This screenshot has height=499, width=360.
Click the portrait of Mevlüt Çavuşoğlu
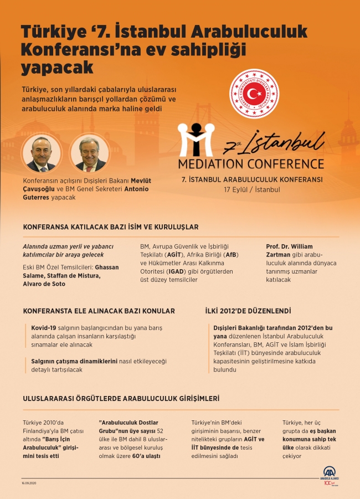click(x=42, y=153)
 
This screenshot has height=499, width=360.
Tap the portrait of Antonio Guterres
click(x=90, y=153)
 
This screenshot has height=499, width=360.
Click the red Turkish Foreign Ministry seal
click(x=254, y=94)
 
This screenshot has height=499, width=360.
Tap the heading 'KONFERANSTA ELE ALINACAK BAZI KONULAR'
click(x=99, y=311)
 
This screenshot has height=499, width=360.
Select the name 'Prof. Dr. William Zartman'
click(x=289, y=250)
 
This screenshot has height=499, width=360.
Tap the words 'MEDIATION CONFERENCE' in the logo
click(x=251, y=164)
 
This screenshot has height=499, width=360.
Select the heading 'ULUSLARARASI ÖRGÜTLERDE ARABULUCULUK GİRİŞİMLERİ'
click(x=121, y=398)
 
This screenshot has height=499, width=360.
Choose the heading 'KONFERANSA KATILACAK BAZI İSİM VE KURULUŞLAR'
click(x=111, y=227)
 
